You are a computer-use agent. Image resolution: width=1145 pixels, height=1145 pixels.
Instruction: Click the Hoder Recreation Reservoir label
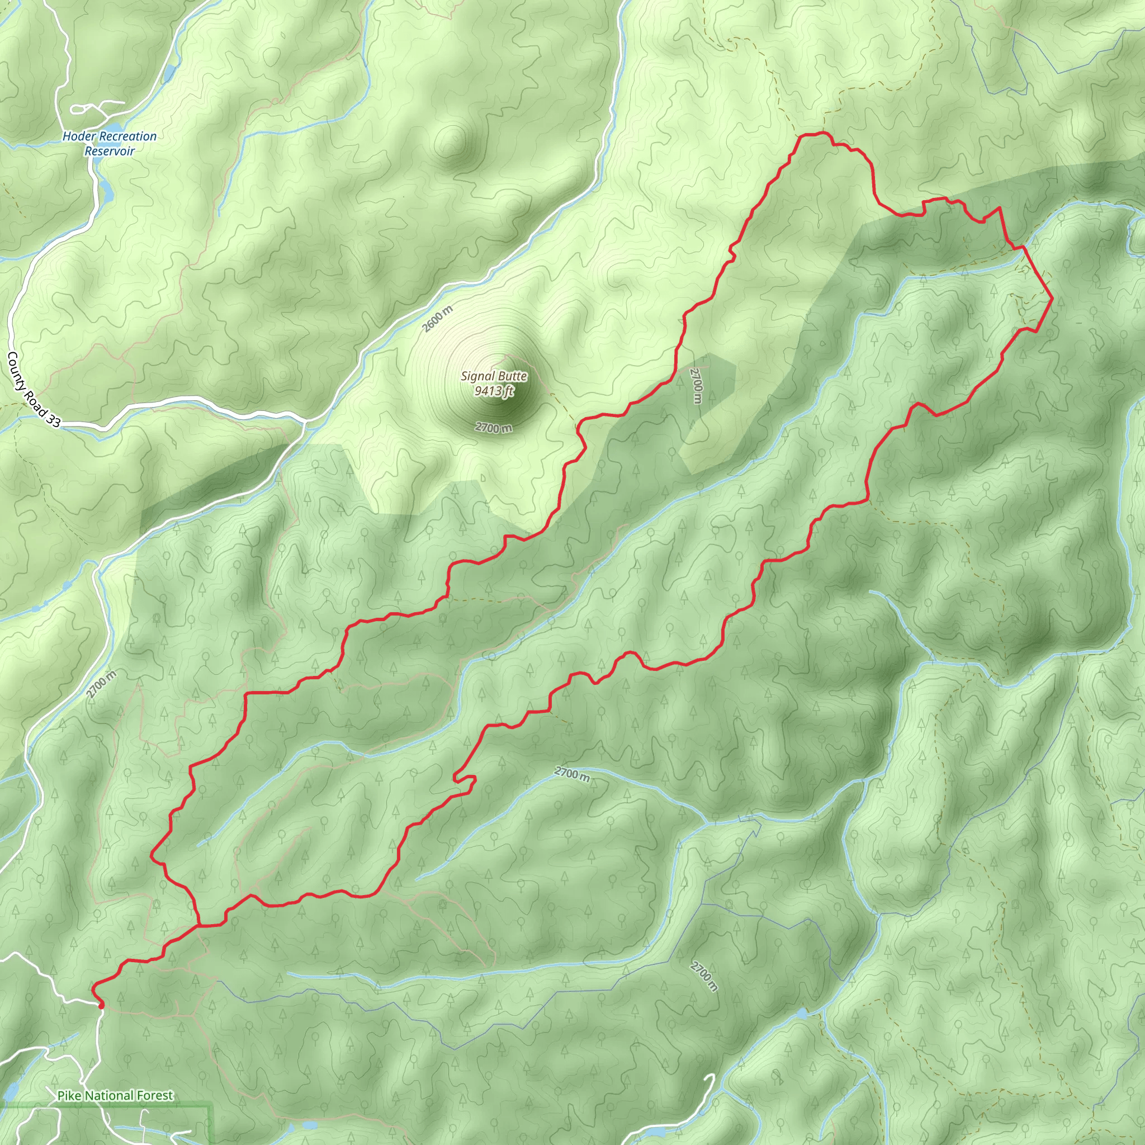pos(110,144)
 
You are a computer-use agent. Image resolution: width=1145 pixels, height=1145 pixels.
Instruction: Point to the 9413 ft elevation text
pos(494,391)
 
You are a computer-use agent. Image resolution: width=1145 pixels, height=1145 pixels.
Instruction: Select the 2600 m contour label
pos(437,318)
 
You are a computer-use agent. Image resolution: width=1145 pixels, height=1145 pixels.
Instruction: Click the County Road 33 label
pos(33,389)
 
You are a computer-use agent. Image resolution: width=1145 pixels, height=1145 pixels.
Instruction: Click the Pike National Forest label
pos(116,1096)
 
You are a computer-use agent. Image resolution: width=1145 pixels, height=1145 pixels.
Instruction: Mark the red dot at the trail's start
pos(101,1005)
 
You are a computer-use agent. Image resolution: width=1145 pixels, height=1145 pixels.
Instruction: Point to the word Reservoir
pos(110,151)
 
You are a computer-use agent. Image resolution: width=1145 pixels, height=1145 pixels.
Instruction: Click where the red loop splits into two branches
pos(199,925)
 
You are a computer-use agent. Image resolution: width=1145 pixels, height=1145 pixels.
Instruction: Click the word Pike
pos(70,1096)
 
